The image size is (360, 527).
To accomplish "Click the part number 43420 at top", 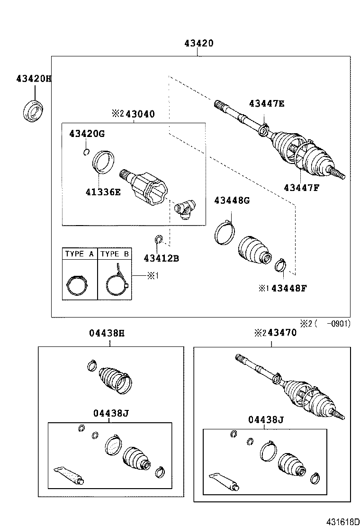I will (199, 44).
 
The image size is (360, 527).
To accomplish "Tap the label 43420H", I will (33, 79).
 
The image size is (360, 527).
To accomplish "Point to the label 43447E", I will (267, 104).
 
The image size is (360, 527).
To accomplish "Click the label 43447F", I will (301, 187).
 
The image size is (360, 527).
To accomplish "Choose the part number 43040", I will (139, 114).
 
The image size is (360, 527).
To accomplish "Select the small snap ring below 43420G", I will (86, 152).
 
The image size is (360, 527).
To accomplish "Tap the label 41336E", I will (103, 192).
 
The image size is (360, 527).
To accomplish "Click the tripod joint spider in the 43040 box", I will (186, 208).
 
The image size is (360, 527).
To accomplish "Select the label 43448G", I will (232, 200).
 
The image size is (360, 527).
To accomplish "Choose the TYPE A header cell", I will (80, 254).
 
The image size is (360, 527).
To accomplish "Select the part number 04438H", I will (107, 333).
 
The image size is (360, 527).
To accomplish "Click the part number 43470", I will (282, 333).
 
